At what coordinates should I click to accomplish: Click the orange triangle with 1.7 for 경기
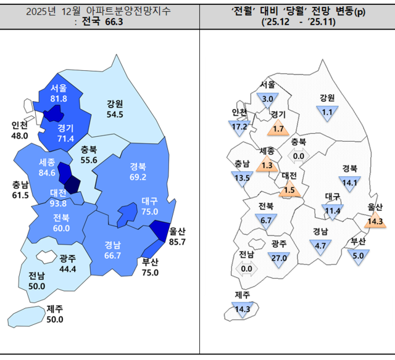[x=278, y=128]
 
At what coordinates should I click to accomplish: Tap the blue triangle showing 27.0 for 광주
[x=280, y=256]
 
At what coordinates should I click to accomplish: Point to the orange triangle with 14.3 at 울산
[x=375, y=219]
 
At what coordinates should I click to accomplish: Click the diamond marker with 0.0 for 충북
[x=299, y=155]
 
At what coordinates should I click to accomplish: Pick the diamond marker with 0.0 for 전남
[x=247, y=267]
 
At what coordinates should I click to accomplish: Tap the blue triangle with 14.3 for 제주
[x=243, y=308]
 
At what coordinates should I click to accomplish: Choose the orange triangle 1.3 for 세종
[x=267, y=164]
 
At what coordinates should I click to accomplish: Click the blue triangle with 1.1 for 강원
[x=327, y=112]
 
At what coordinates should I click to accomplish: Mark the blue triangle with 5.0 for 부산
[x=357, y=253]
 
